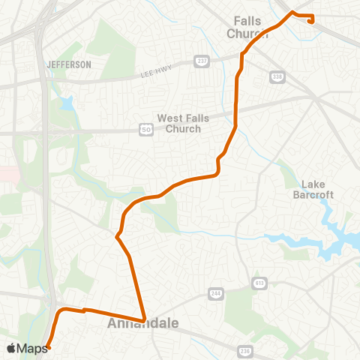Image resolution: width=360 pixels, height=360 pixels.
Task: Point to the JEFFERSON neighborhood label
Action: coord(68,64)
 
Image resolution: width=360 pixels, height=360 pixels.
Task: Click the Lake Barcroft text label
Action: coord(319,189)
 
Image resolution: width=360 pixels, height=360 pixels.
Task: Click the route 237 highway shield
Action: coord(200,60)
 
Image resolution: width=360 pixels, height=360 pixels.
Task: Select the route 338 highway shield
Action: coord(278,76)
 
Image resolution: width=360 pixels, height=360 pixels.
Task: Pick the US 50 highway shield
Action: coord(147,130)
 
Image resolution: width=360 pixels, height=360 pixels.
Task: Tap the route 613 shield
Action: coord(259,283)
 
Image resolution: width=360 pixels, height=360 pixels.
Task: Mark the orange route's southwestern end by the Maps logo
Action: coord(48,347)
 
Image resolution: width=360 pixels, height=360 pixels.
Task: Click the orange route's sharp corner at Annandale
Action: coord(143,320)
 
